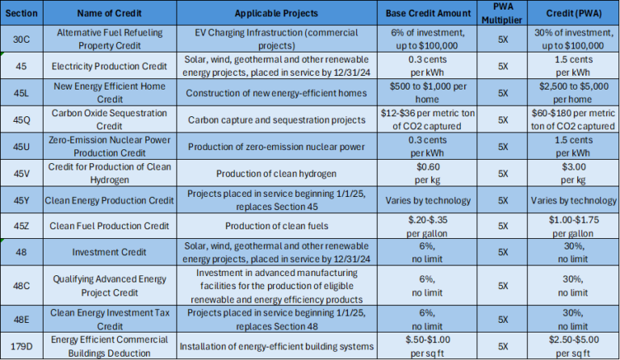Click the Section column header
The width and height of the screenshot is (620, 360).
(x=21, y=15)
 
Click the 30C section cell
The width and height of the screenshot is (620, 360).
(x=21, y=38)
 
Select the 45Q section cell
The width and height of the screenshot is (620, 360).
(x=21, y=119)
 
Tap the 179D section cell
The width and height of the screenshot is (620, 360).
(x=21, y=346)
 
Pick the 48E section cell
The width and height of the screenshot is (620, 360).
(x=21, y=319)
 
